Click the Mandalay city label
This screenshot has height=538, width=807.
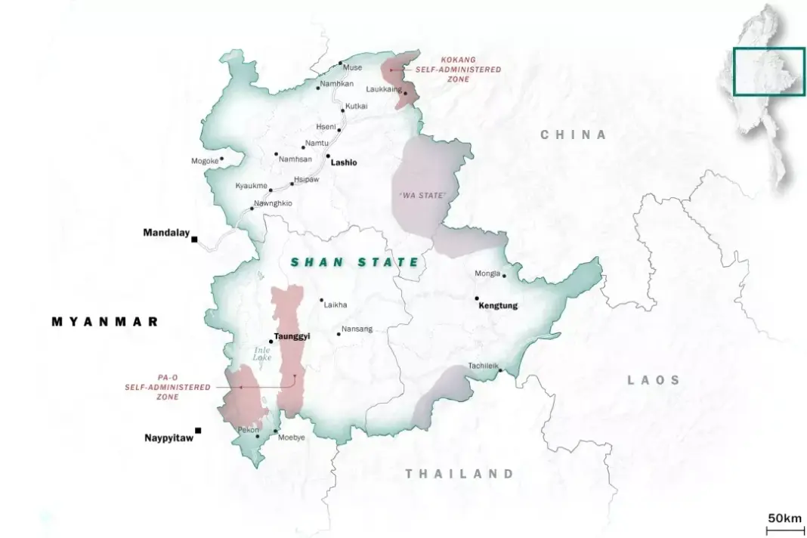point(165,233)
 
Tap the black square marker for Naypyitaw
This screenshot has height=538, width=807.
point(198,431)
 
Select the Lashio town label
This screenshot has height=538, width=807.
point(344,162)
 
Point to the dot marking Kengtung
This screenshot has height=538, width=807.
point(477,298)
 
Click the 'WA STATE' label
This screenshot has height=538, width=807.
point(422,196)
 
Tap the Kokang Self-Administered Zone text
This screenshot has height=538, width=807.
point(469,69)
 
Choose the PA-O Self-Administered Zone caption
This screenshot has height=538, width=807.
point(168,387)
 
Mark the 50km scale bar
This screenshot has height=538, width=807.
point(784,529)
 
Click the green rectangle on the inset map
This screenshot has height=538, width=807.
point(768,72)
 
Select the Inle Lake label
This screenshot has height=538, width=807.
point(261,353)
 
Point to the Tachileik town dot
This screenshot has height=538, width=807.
point(499,370)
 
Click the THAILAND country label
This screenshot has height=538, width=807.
point(459,475)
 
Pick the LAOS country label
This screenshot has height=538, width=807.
point(654,380)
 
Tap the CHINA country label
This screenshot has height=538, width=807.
point(574,135)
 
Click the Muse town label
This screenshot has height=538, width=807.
point(353,67)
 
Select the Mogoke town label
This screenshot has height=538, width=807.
point(204,161)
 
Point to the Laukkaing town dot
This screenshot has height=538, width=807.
point(405,94)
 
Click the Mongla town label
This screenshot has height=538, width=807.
point(487,274)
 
